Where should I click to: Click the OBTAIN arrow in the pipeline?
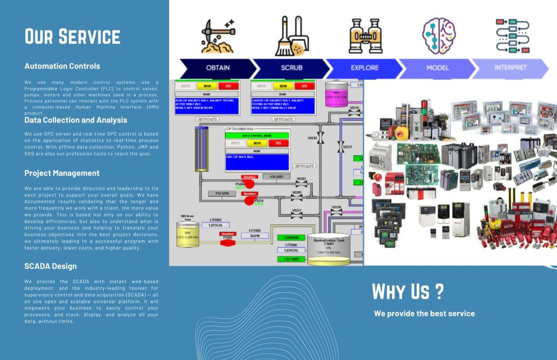218,68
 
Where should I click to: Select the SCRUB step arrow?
292,68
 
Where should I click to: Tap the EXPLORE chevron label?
364,68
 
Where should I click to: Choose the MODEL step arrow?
438,68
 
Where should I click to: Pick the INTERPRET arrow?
510,68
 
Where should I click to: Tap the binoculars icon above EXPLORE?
365,36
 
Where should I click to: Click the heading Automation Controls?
62,66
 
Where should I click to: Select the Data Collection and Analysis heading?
75,120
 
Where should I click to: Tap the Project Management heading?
62,173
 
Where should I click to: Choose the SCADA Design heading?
50,266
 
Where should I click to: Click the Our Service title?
72,36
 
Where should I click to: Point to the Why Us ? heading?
407,292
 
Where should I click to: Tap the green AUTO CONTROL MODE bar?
257,135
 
